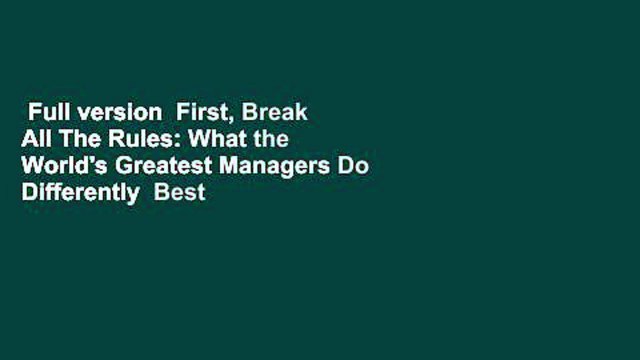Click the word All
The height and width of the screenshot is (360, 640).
[x=36, y=140]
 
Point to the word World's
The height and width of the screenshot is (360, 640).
[x=60, y=167]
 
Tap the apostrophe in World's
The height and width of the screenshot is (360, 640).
[x=82, y=161]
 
